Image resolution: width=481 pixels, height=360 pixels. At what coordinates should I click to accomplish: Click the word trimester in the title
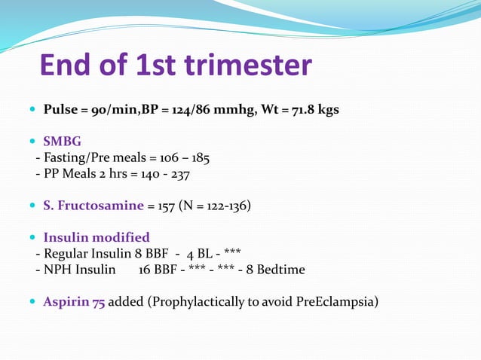[x=237, y=66]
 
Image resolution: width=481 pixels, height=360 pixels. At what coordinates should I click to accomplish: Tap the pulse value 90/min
[x=109, y=110]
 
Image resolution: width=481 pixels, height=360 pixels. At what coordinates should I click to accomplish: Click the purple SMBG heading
[x=63, y=142]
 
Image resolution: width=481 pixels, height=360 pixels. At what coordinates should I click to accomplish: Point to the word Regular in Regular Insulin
[x=64, y=254]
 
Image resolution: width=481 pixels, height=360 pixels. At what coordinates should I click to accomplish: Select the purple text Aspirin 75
[x=74, y=302]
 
